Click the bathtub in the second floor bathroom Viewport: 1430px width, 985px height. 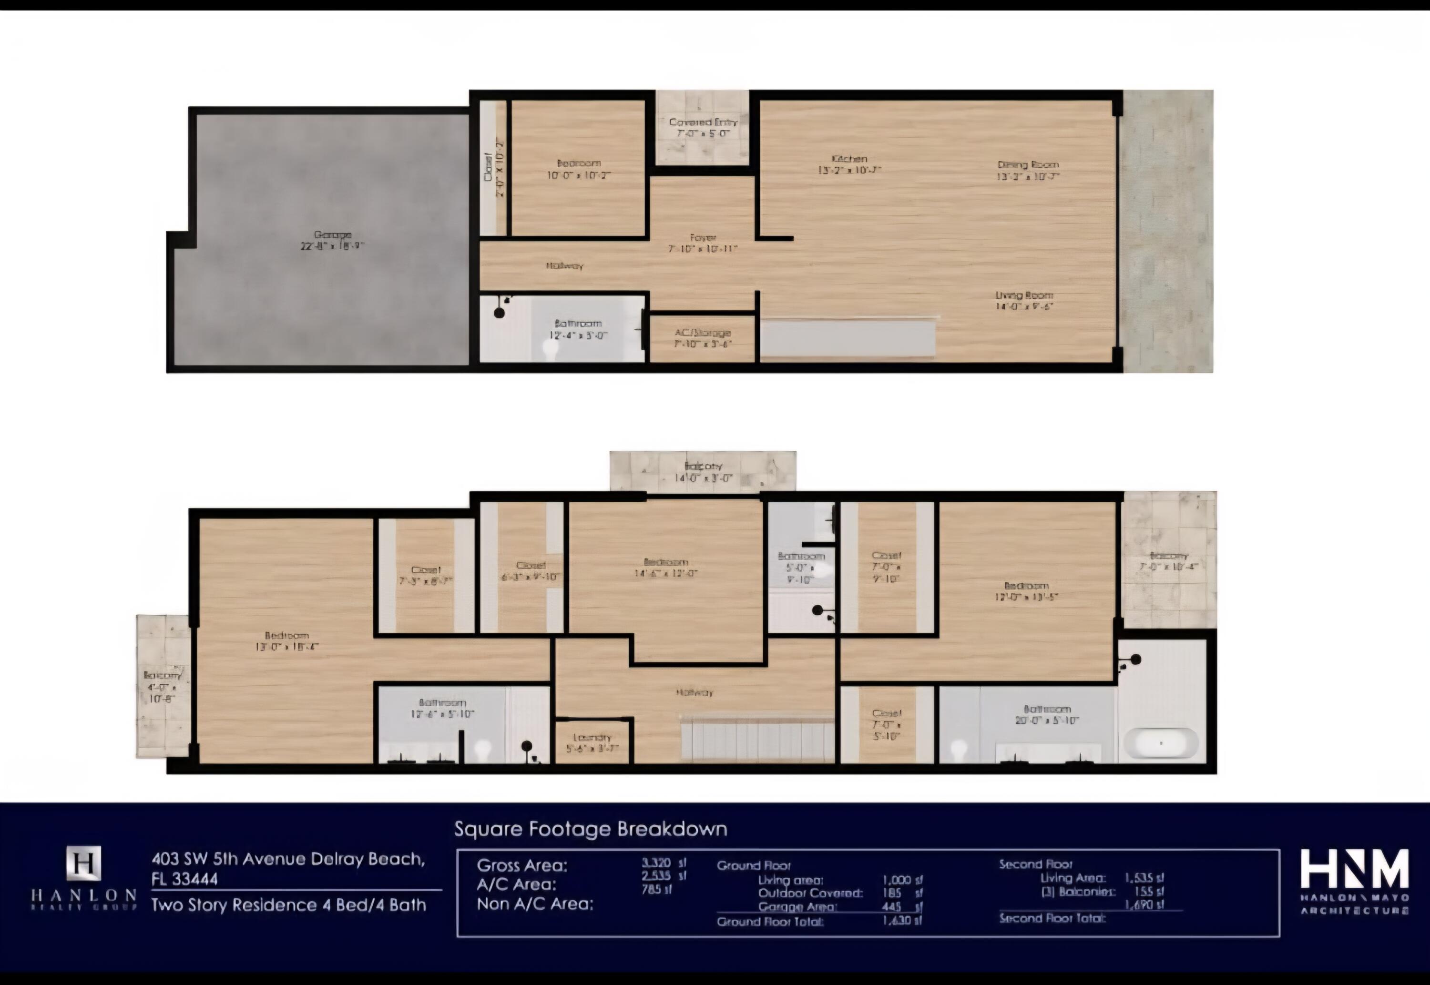pyautogui.click(x=1160, y=743)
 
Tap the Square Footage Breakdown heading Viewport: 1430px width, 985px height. pyautogui.click(x=591, y=829)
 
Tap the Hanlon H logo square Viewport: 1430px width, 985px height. pyautogui.click(x=83, y=863)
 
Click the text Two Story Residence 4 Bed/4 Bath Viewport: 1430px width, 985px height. pyautogui.click(x=289, y=905)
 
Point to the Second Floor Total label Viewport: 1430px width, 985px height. pyautogui.click(x=1052, y=918)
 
